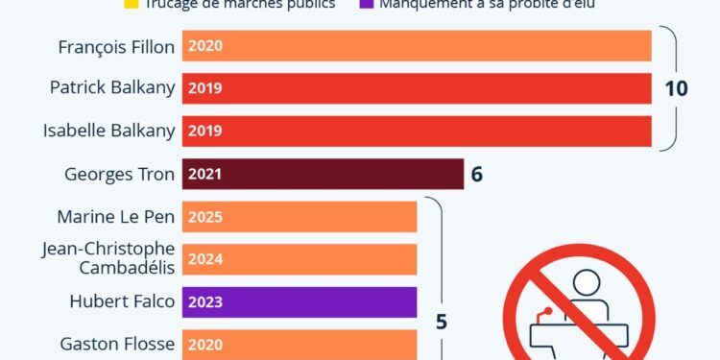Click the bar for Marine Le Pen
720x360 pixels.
coord(299,217)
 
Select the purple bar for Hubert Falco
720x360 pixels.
coord(299,301)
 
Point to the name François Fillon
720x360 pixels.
coord(116,45)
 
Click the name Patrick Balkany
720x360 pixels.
coord(112,88)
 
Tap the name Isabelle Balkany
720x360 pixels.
coord(110,132)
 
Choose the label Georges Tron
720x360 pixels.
coord(119,175)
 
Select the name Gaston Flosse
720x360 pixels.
coord(117,343)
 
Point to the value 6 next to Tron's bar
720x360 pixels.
coord(476,175)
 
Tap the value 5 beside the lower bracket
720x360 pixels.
coord(442,322)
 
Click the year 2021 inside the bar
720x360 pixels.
coord(205,175)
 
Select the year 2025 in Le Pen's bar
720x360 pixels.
coord(205,217)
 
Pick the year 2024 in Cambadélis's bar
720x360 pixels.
coord(205,259)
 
